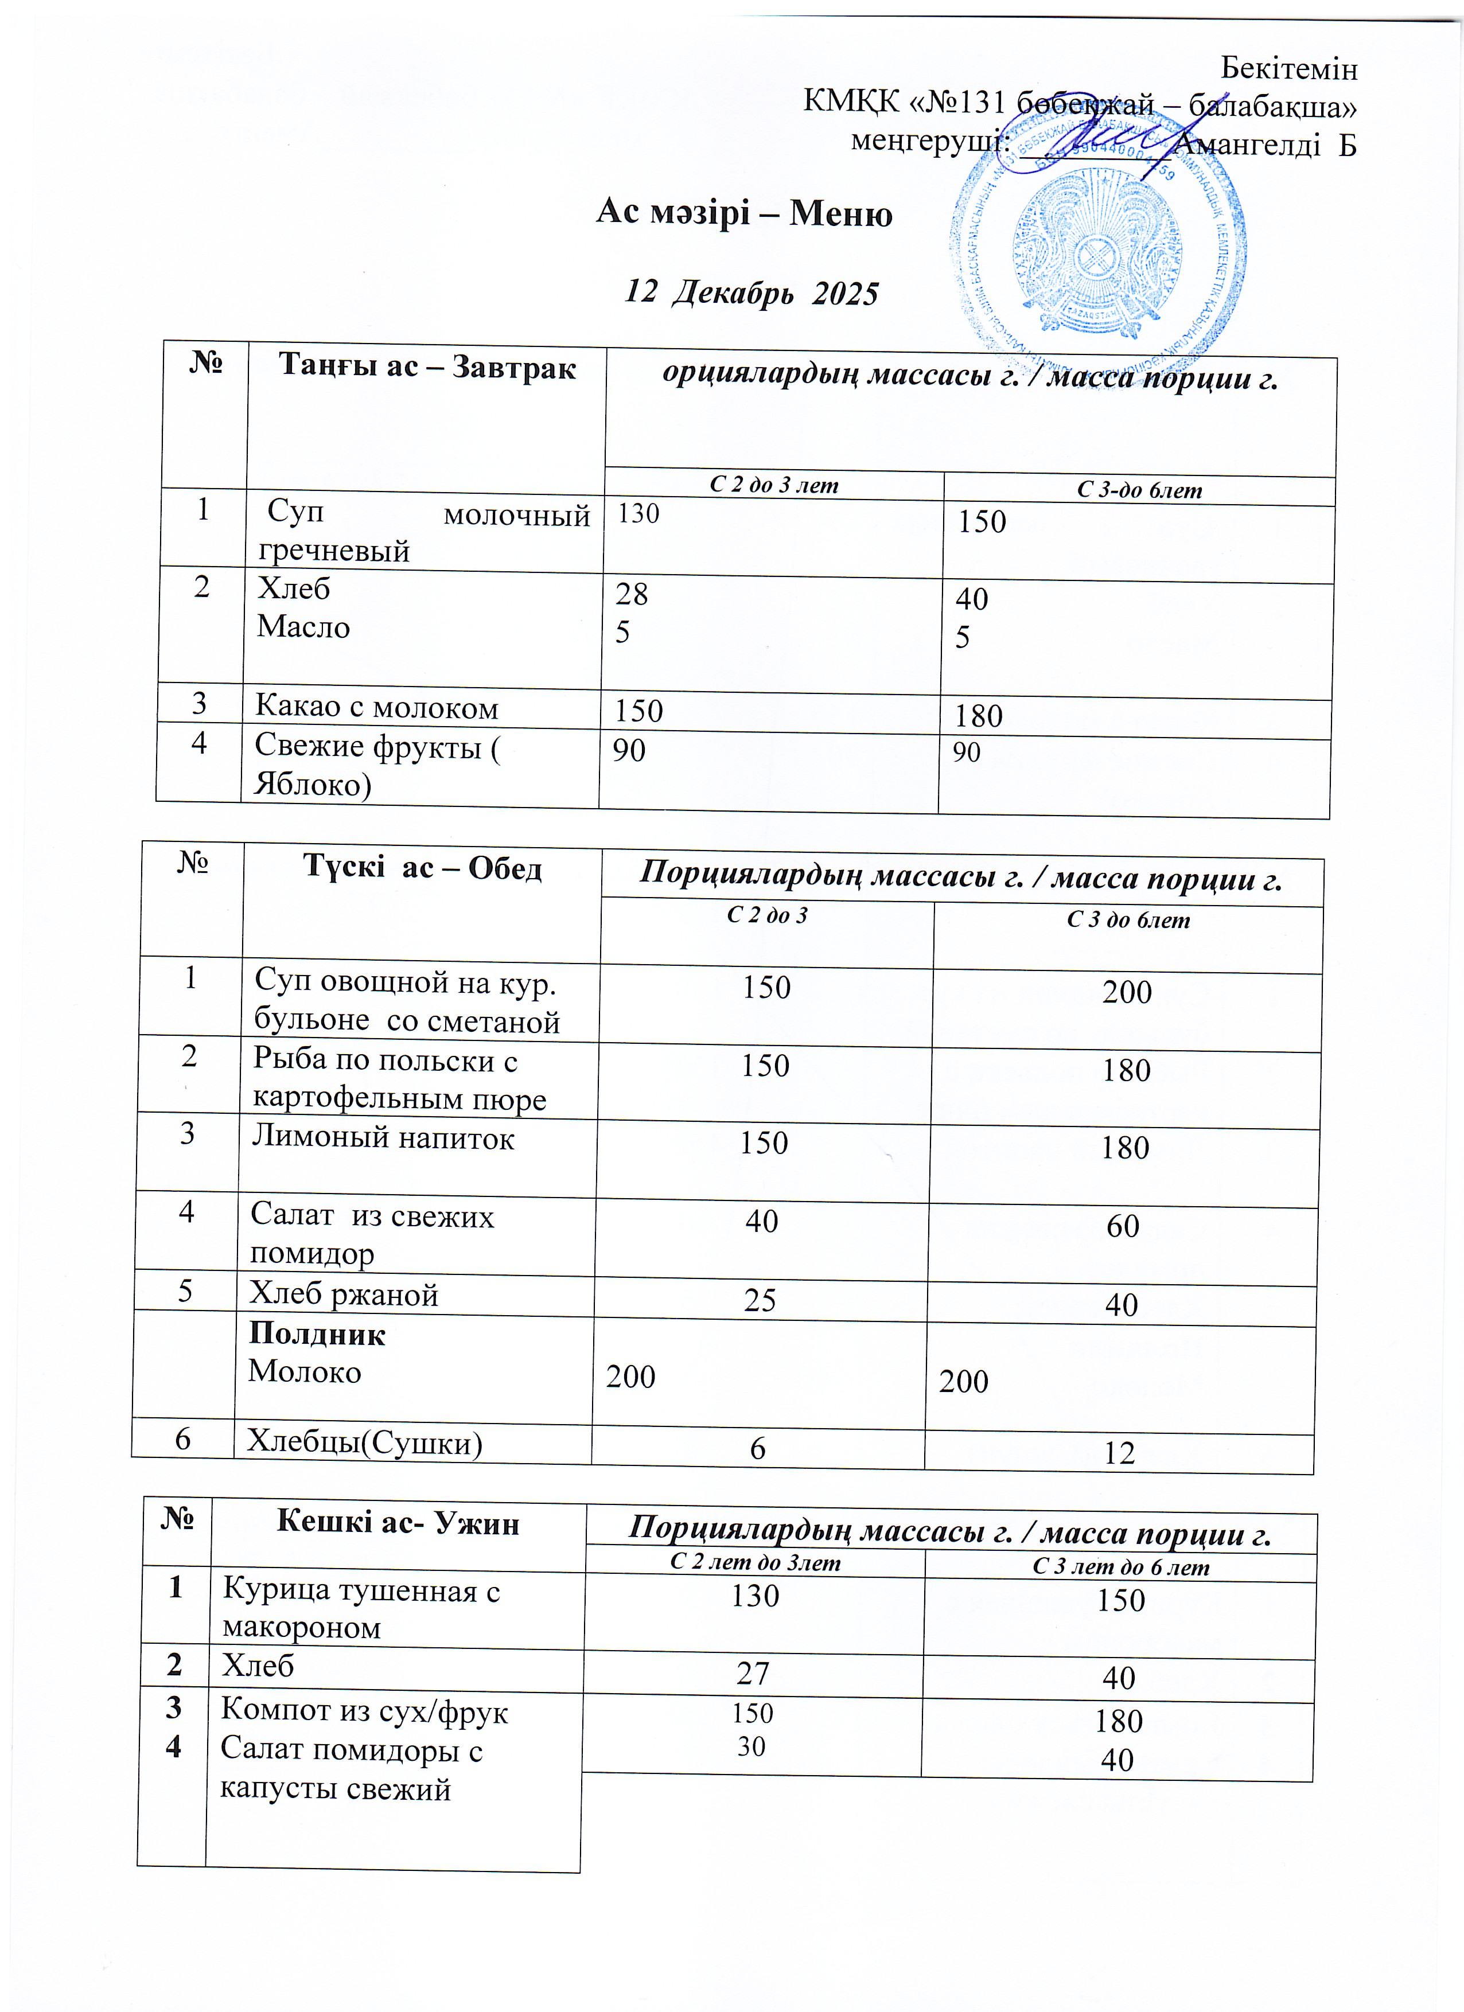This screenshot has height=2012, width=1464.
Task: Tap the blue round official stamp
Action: click(x=1099, y=253)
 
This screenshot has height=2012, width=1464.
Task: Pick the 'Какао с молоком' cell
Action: click(x=376, y=707)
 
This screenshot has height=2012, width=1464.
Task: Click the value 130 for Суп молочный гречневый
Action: click(x=639, y=514)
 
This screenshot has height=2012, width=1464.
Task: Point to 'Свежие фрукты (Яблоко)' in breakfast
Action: click(x=376, y=765)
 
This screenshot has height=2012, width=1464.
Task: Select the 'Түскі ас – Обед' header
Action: click(x=422, y=867)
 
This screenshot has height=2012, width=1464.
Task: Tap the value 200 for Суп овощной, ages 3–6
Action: click(x=1127, y=992)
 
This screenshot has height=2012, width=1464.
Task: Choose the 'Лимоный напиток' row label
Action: click(x=383, y=1137)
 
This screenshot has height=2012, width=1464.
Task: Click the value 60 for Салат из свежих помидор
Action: click(x=1123, y=1226)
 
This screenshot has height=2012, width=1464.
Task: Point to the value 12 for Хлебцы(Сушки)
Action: click(x=1120, y=1452)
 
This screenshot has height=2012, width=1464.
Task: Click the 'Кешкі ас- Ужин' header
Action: click(x=398, y=1522)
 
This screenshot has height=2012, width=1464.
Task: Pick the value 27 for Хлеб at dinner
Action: click(x=753, y=1673)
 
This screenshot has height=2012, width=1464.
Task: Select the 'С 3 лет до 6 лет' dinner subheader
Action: click(x=1120, y=1567)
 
